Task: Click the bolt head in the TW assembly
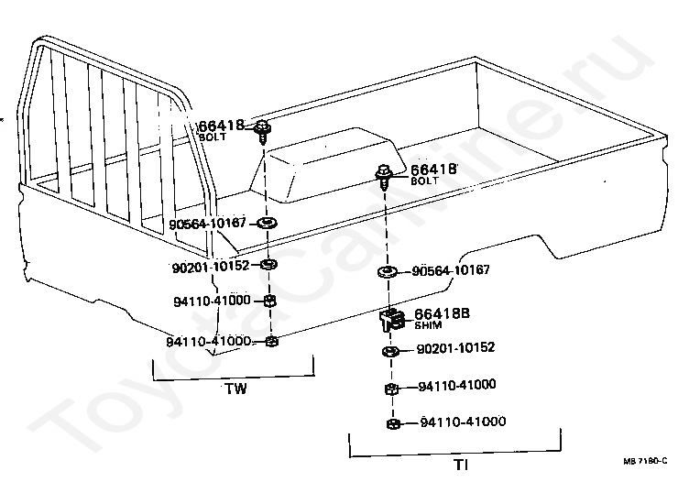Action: click(263, 126)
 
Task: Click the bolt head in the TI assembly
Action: click(384, 171)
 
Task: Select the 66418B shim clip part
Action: click(391, 319)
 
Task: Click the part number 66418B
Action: click(435, 313)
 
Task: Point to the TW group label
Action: click(235, 388)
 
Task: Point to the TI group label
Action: click(461, 465)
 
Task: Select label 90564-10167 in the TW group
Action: click(208, 222)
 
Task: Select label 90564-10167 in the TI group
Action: click(451, 270)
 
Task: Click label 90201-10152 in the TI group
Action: click(455, 348)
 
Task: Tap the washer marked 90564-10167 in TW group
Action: click(268, 223)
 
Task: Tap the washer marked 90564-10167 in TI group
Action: click(387, 271)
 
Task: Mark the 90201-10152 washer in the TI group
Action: click(389, 351)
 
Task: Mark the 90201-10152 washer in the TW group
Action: click(269, 265)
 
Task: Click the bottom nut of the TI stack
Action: click(392, 423)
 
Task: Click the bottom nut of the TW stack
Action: click(271, 342)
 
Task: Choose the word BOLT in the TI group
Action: click(425, 181)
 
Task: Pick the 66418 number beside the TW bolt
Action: click(222, 125)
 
